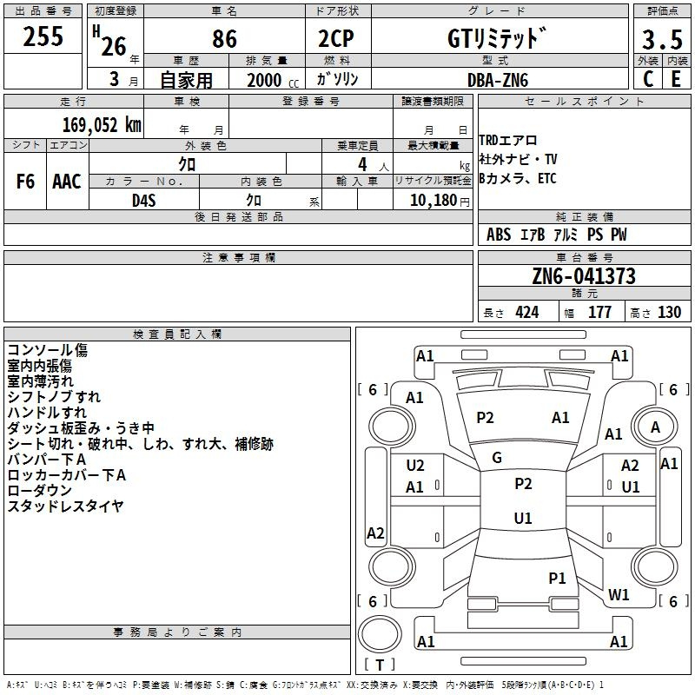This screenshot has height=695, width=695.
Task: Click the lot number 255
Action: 43,36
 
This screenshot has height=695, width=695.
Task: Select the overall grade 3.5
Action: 662,39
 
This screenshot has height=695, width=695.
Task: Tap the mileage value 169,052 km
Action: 102,125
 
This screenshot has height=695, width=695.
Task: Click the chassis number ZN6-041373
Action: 584,275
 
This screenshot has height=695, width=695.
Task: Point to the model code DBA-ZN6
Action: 498,80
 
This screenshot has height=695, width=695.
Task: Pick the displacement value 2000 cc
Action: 273,80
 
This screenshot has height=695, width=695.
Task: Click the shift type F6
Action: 25,182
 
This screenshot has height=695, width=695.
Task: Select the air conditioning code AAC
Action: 67,182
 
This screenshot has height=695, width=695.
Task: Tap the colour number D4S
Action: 144,201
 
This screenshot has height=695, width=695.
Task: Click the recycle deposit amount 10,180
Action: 433,201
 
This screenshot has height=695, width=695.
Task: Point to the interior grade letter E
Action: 676,79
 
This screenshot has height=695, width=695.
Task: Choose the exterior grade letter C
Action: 648,79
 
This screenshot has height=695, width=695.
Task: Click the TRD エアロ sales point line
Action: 508,141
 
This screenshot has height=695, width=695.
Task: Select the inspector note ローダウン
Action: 39,490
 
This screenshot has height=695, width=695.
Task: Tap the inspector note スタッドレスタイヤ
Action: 65,506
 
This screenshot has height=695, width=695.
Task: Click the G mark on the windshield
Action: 497,458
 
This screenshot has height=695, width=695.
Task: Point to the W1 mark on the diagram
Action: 619,594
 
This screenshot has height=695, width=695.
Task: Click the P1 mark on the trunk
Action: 557,578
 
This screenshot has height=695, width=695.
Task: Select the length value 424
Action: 527,313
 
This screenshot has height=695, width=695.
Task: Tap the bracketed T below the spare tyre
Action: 380,665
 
